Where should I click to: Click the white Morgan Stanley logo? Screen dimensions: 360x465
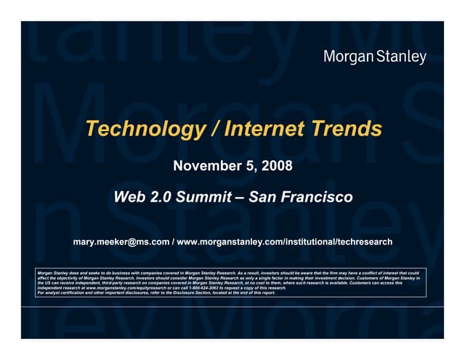[x=374, y=57]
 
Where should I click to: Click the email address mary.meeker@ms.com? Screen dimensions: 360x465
[x=121, y=241]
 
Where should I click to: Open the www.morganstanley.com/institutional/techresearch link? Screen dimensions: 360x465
[x=285, y=241]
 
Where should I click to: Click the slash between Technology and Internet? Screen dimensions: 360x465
[x=216, y=129]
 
